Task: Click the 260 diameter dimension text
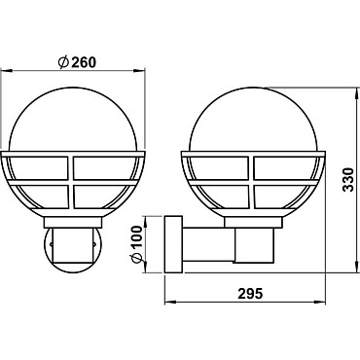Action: coord(84,62)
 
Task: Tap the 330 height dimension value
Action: coord(348,180)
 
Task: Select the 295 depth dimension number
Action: coord(250,294)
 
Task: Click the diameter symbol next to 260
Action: coord(63,62)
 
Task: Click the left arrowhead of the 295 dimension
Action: coord(170,303)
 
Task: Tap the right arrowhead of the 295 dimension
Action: coord(320,302)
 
